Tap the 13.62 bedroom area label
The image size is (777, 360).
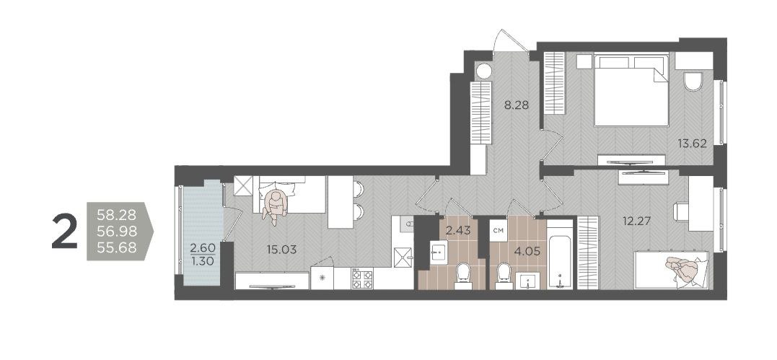coord(692,144)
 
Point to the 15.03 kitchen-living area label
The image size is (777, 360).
coord(281,250)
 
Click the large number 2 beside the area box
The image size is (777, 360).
coord(64,232)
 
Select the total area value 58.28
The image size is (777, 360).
coord(116,215)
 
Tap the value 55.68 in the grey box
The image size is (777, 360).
coord(116,248)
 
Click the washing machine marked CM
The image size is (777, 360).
coord(499,231)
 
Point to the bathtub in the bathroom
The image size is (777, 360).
coord(560,255)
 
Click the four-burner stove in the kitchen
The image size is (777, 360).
coord(361,278)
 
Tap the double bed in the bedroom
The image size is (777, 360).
coord(631,89)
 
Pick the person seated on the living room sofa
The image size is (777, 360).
coord(275,203)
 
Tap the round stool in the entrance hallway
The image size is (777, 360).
coord(483,71)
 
